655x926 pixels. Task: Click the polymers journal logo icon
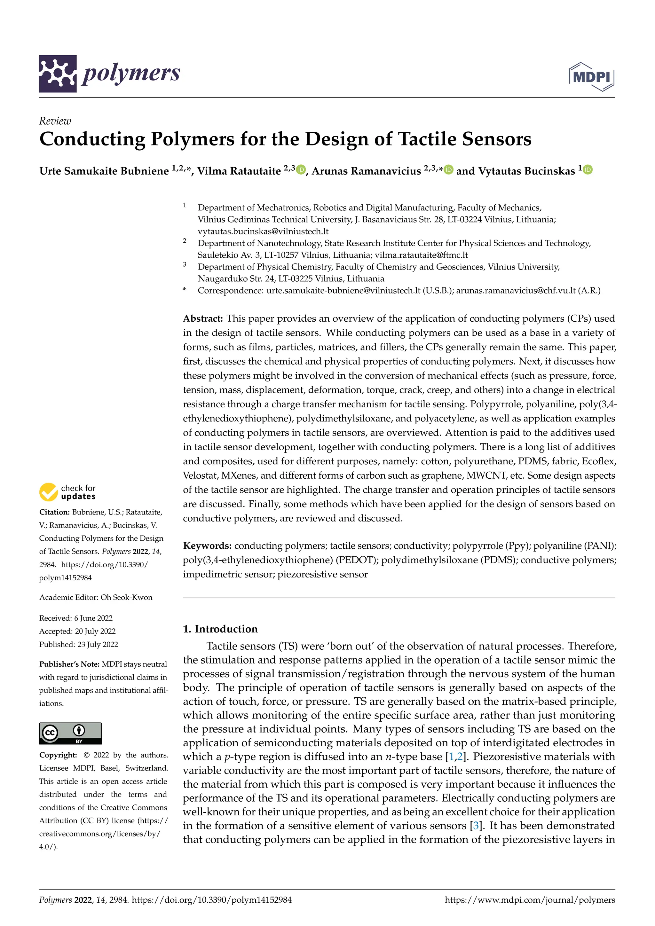(x=58, y=74)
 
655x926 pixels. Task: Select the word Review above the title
(x=55, y=121)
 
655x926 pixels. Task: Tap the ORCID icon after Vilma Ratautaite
(x=301, y=170)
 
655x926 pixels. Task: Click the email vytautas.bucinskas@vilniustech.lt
(x=263, y=231)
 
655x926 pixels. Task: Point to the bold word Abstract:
(x=203, y=318)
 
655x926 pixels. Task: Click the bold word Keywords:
(x=207, y=546)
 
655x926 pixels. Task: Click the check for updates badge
(x=68, y=492)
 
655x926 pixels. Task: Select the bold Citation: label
(x=54, y=512)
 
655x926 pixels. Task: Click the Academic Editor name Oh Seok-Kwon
(x=126, y=597)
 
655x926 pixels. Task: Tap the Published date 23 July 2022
(x=98, y=645)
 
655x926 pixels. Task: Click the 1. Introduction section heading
(x=220, y=629)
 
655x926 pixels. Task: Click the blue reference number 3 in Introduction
(x=476, y=826)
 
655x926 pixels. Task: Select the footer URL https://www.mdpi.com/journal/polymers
(x=530, y=900)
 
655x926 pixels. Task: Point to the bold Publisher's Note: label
(x=69, y=664)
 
